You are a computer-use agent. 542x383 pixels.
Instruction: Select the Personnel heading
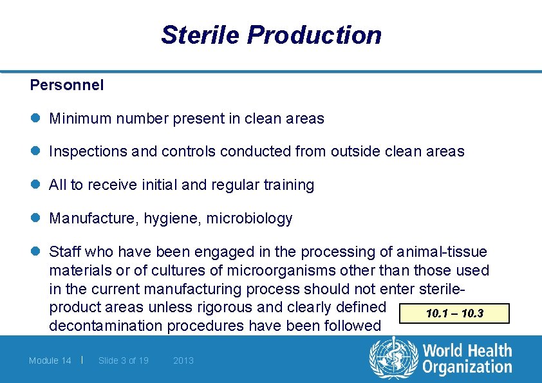click(67, 85)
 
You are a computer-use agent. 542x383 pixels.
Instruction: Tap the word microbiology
click(249, 219)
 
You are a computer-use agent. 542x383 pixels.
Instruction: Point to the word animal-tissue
click(442, 252)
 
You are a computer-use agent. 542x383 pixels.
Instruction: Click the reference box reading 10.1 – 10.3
click(454, 313)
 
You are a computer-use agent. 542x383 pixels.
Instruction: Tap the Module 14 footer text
click(50, 360)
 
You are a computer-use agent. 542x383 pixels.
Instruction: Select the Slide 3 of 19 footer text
click(124, 360)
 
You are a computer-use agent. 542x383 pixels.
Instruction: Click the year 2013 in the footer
click(183, 360)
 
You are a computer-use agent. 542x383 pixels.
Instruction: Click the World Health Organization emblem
click(393, 359)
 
